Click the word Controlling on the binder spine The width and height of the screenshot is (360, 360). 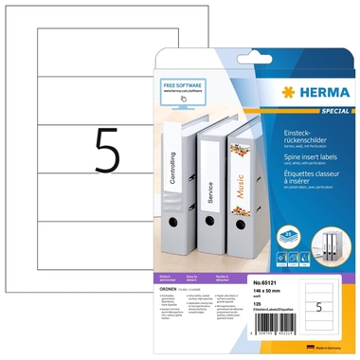[x=170, y=171]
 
